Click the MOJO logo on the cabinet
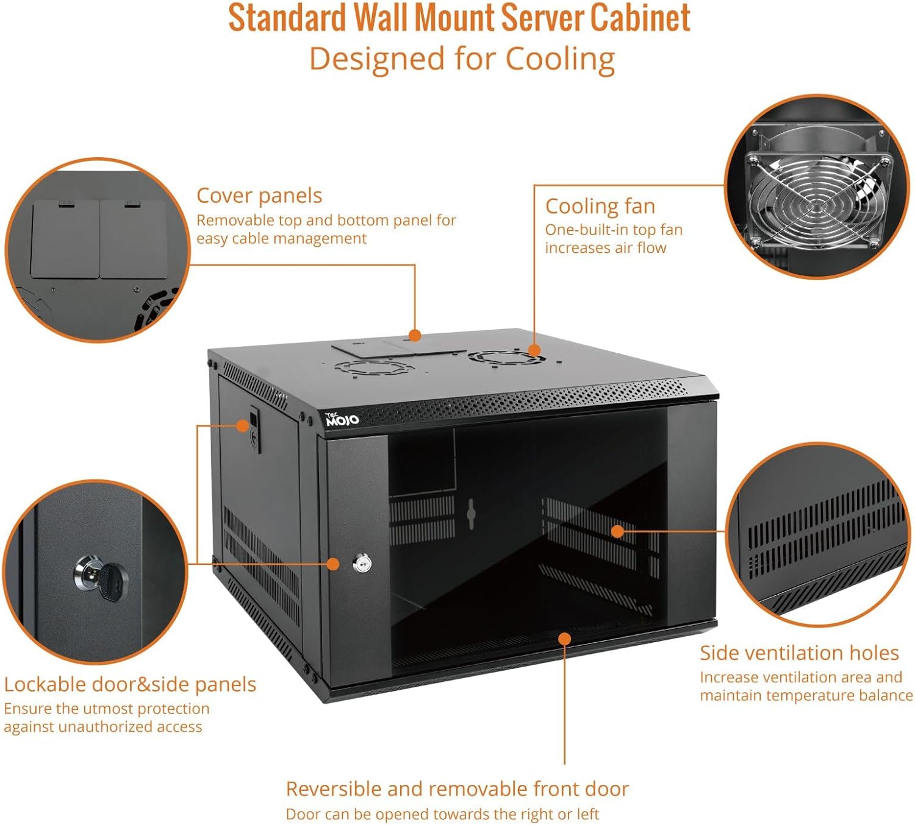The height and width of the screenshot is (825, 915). pos(342,419)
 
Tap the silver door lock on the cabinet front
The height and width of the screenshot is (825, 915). pos(362,563)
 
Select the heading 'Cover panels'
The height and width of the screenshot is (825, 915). pos(259,196)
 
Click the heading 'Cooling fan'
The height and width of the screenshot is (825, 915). pos(600,206)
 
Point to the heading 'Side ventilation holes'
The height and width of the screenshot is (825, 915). pos(799,653)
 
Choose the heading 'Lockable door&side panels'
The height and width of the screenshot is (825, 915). pos(130,684)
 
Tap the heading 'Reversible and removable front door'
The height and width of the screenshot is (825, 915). pos(457,788)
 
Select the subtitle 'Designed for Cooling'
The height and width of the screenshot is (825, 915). pos(462,59)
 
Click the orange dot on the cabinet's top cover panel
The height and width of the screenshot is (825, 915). pos(415,335)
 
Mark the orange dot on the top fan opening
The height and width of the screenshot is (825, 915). pos(534,350)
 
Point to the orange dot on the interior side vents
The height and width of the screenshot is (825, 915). pos(617,531)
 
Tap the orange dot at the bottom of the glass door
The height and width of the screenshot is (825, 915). pos(565,639)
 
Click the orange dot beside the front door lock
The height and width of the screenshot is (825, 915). pos(333,564)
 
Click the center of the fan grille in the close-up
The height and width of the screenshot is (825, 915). pos(817,203)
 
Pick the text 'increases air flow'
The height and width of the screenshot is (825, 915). pos(606,248)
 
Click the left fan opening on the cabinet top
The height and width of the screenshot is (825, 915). pos(372,367)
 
